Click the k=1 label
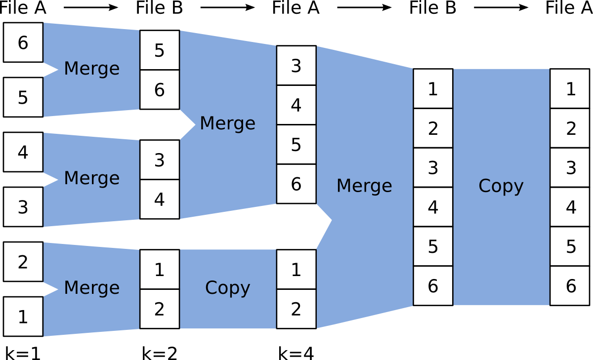pyautogui.click(x=23, y=353)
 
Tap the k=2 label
pyautogui.click(x=159, y=353)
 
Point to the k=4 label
pyautogui.click(x=296, y=353)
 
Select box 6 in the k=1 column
pyautogui.click(x=23, y=42)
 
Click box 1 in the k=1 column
pyautogui.click(x=23, y=317)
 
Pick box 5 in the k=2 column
pyautogui.click(x=159, y=50)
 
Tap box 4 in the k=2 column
pyautogui.click(x=159, y=199)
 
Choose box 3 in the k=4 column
pyautogui.click(x=296, y=66)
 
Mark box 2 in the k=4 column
pyautogui.click(x=296, y=309)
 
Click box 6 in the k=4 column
pyautogui.click(x=296, y=184)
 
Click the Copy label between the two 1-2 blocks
pyautogui.click(x=227, y=288)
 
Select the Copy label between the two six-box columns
pyautogui.click(x=501, y=186)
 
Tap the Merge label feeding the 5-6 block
pyautogui.click(x=91, y=69)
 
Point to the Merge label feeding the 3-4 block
pyautogui.click(x=91, y=178)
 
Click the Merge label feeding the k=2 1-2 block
pyautogui.click(x=91, y=287)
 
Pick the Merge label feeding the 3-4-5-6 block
pyautogui.click(x=227, y=123)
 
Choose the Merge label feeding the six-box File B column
pyautogui.click(x=364, y=186)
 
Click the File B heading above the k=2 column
pyautogui.click(x=159, y=8)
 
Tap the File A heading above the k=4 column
pyautogui.click(x=296, y=8)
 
